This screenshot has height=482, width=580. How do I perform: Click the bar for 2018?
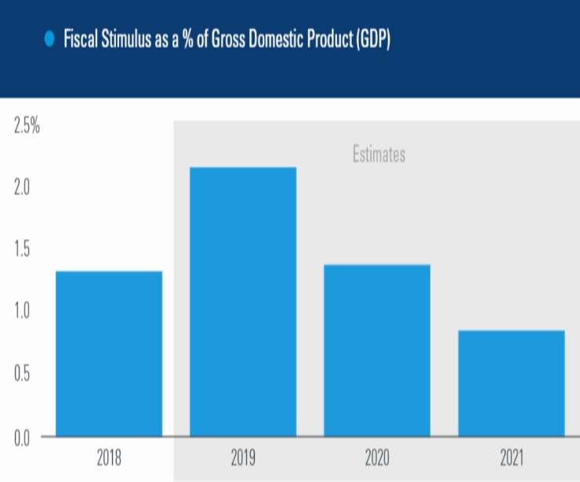click(109, 353)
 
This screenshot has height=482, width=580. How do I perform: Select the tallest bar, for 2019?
click(243, 302)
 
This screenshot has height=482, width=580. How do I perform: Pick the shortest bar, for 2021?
click(511, 383)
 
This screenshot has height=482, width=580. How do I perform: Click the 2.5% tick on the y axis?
click(27, 126)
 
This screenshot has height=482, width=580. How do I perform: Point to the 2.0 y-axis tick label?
click(23, 188)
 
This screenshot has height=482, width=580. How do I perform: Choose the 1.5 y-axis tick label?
click(23, 250)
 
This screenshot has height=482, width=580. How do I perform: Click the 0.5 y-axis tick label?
click(23, 374)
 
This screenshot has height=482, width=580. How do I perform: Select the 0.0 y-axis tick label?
click(23, 436)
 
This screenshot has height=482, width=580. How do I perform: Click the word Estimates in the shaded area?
click(379, 154)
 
